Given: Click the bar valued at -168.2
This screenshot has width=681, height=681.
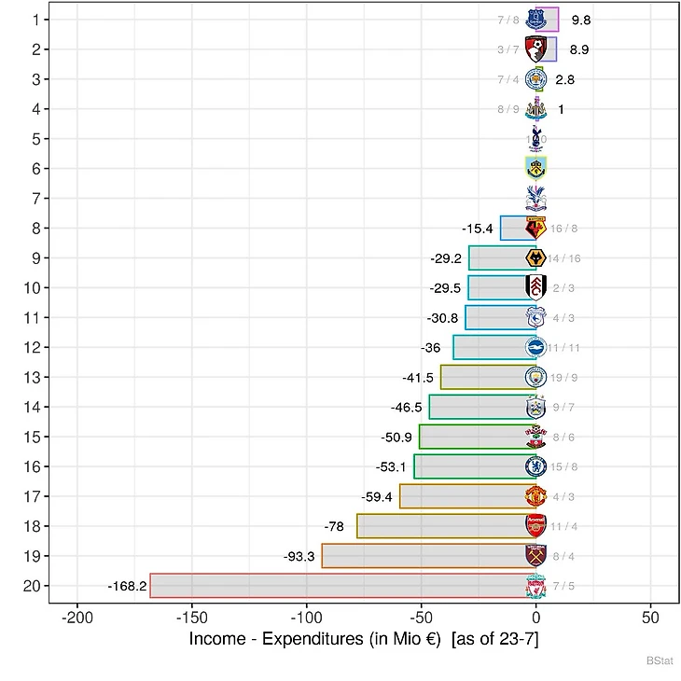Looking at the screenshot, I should coord(340,586).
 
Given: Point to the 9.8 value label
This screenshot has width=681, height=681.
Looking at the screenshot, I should coord(580,20).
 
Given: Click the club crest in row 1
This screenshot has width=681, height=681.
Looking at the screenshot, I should coord(536,20).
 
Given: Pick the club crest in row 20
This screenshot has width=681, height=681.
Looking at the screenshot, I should coord(536,586).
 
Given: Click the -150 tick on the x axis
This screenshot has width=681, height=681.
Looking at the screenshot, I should coord(191,618).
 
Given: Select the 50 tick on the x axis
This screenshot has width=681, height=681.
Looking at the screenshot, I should coord(651,618).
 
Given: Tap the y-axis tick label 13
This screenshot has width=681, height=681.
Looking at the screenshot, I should coord(32,377).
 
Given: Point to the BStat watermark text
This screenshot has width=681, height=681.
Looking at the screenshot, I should coord(660,660).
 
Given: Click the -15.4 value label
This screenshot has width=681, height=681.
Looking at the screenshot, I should coord(477,229).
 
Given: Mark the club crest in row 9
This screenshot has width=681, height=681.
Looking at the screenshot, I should coord(536,258).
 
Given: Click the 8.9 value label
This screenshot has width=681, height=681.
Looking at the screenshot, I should coord(578,49).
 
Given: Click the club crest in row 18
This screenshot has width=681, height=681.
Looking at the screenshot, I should coord(536,526).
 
